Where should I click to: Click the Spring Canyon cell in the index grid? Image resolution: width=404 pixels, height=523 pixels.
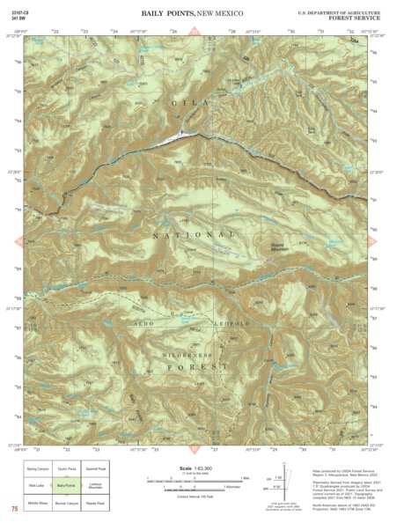[37, 469]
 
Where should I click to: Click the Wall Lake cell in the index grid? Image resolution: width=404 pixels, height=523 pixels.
[37, 485]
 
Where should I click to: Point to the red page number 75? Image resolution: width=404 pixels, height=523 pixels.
[14, 509]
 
